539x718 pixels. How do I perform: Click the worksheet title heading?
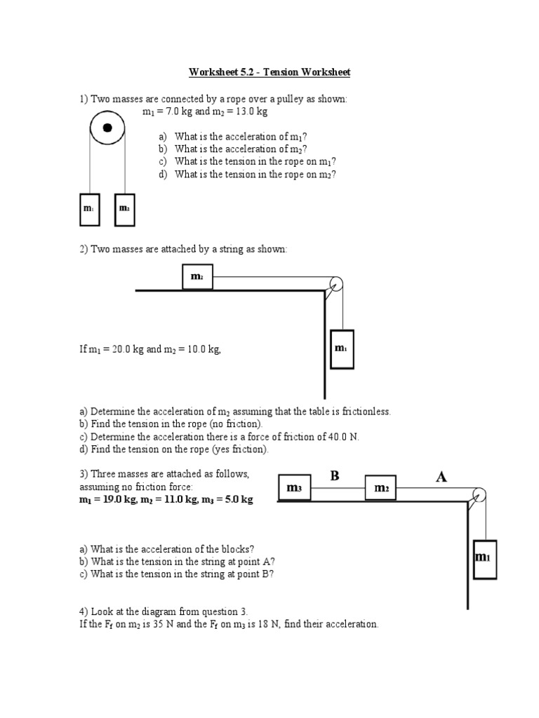tap(269, 72)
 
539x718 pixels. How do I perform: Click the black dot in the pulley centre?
tap(107, 128)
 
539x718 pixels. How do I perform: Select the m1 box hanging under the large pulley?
tap(90, 209)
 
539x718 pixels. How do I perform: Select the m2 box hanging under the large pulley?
tap(124, 209)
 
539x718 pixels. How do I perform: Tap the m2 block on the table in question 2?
tap(197, 277)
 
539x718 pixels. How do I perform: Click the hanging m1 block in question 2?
tap(341, 348)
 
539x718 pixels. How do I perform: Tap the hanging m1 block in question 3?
tap(484, 558)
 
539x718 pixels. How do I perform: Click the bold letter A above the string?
tap(441, 477)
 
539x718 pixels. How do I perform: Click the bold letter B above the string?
tap(335, 476)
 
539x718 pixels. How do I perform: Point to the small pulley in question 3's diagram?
tap(479, 494)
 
